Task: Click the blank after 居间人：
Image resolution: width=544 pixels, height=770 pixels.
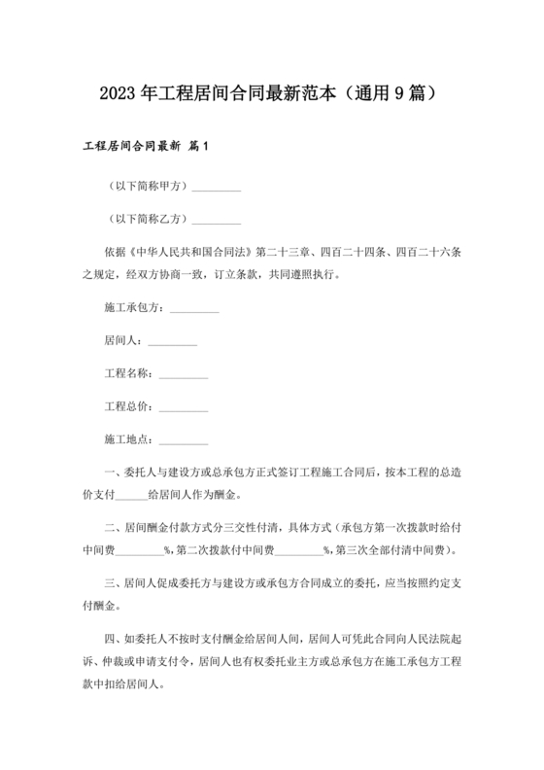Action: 173,341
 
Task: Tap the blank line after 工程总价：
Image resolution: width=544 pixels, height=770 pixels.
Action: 184,405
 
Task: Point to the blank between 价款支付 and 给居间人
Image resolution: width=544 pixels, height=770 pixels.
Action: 129,494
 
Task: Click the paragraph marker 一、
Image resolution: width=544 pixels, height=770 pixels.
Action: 113,472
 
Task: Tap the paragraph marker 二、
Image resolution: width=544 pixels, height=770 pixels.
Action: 113,529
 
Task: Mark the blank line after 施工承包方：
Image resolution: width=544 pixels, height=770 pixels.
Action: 194,309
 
